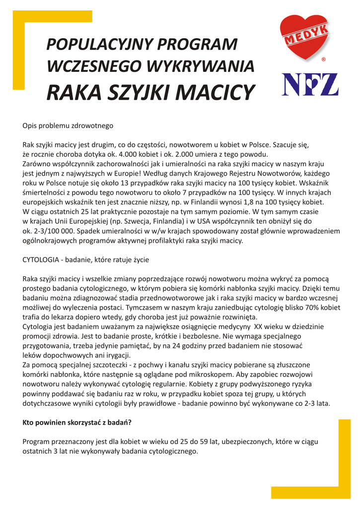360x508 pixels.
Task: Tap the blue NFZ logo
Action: coord(310,84)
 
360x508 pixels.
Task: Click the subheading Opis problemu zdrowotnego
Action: coord(68,126)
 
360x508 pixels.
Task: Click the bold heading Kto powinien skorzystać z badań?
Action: coord(77,423)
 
